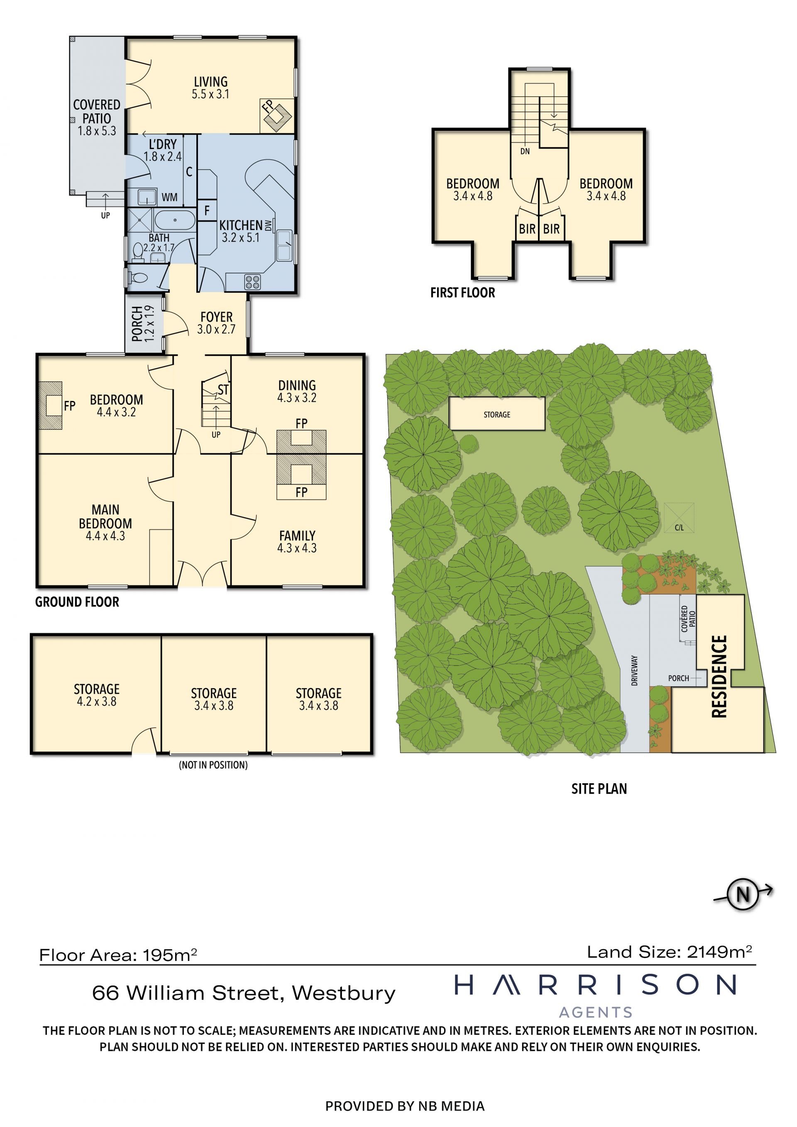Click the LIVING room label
(x=210, y=81)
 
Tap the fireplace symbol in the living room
(x=277, y=115)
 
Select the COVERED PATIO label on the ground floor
(x=97, y=111)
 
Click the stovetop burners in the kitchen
(x=253, y=282)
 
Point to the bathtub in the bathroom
(x=175, y=220)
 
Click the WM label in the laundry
(x=169, y=197)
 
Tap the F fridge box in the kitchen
(x=207, y=210)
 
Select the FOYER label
(x=216, y=317)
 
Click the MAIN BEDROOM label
(x=105, y=516)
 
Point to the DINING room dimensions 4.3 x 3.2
(x=297, y=398)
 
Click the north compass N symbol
(x=743, y=894)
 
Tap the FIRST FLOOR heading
(x=463, y=293)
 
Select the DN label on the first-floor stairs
(x=525, y=151)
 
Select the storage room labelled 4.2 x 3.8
(x=96, y=694)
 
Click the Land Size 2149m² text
(x=670, y=952)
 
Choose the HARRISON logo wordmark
(x=595, y=985)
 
